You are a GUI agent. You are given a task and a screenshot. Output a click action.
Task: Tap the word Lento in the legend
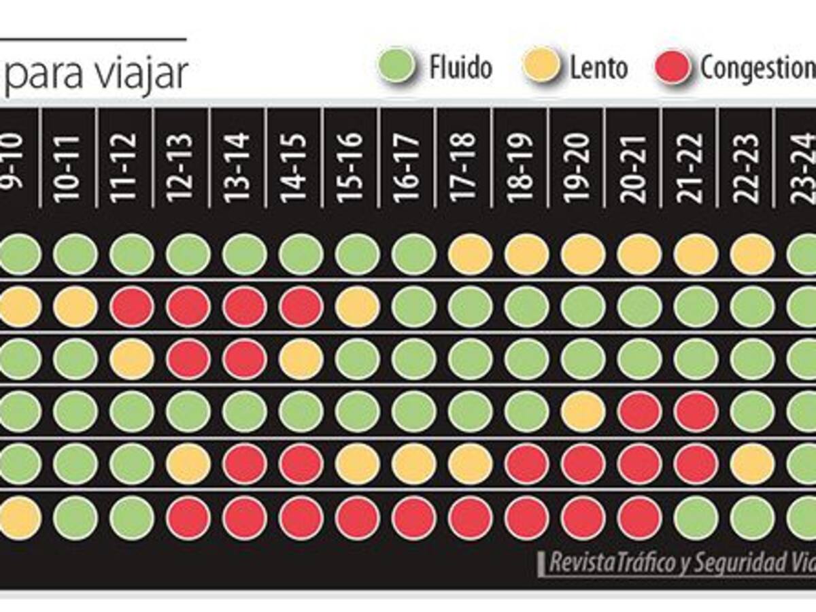[598, 68]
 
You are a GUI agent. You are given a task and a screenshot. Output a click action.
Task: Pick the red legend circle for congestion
[672, 66]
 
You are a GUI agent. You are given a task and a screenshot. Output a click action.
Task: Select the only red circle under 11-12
[131, 307]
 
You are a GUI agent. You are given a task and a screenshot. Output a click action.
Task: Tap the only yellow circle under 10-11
[75, 307]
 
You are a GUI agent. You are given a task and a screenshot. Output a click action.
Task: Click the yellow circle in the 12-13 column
[188, 464]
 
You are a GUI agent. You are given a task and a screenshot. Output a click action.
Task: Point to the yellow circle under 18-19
[526, 254]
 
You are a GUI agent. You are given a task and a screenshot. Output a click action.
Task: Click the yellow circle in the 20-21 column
[639, 254]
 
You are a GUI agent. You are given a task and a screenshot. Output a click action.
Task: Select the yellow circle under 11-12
[131, 359]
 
